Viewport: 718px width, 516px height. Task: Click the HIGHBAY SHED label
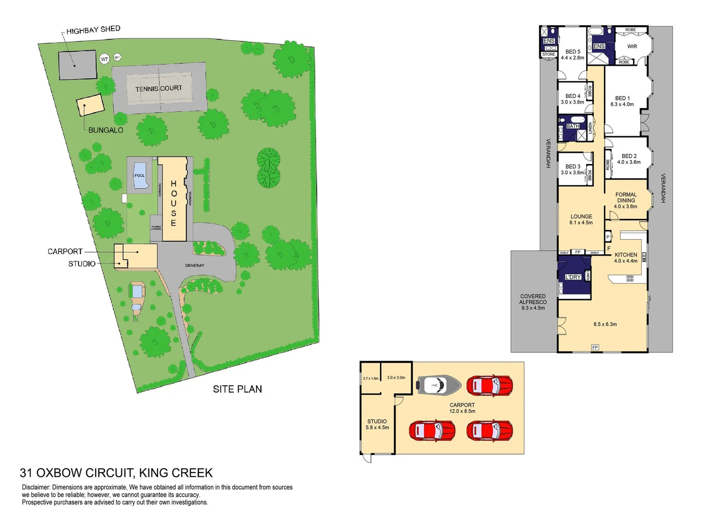click(93, 30)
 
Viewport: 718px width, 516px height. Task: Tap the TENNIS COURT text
click(159, 88)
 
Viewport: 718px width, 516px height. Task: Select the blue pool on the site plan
click(139, 175)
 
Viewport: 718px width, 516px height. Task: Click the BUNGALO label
click(106, 130)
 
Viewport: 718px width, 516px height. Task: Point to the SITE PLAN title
click(237, 389)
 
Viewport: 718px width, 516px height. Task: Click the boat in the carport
click(439, 385)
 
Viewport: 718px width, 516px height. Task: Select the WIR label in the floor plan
click(632, 46)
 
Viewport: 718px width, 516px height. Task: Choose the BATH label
click(573, 126)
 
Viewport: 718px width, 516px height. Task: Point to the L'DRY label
click(573, 277)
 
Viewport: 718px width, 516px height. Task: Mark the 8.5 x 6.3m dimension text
click(605, 324)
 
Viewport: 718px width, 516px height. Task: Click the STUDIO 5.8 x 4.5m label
click(377, 424)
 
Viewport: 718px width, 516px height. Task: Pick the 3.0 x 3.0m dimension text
click(396, 377)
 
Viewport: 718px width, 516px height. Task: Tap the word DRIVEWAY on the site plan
click(194, 265)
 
